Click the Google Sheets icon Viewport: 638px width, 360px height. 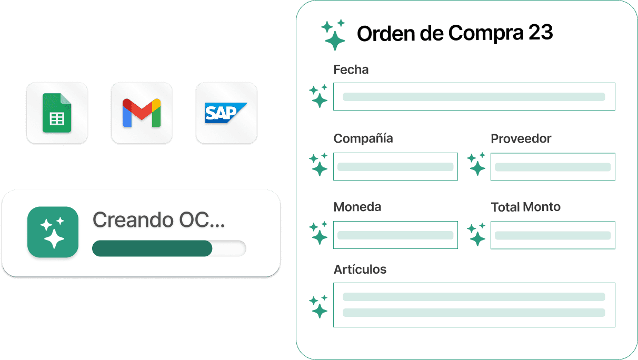(57, 113)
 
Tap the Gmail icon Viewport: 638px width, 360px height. (142, 113)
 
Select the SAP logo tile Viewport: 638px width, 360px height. (226, 113)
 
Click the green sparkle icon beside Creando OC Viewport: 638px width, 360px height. (53, 232)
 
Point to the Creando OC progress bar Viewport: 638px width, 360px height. (169, 248)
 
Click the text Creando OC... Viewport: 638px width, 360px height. (158, 221)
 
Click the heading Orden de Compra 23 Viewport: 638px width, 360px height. (455, 33)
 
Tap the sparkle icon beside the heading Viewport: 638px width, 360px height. (334, 34)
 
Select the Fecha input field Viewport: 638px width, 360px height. (474, 96)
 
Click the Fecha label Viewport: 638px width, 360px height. (351, 69)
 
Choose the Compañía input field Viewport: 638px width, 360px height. (395, 166)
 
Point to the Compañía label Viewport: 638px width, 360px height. (363, 138)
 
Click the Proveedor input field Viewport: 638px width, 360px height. (553, 166)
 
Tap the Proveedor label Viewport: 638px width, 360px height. (521, 138)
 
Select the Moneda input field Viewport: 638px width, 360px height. (395, 235)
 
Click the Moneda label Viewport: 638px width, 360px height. (357, 207)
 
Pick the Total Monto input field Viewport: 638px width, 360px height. (553, 235)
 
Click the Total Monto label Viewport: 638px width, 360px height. (526, 207)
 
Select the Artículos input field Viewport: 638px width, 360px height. (474, 305)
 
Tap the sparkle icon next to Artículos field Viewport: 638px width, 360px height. (318, 306)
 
